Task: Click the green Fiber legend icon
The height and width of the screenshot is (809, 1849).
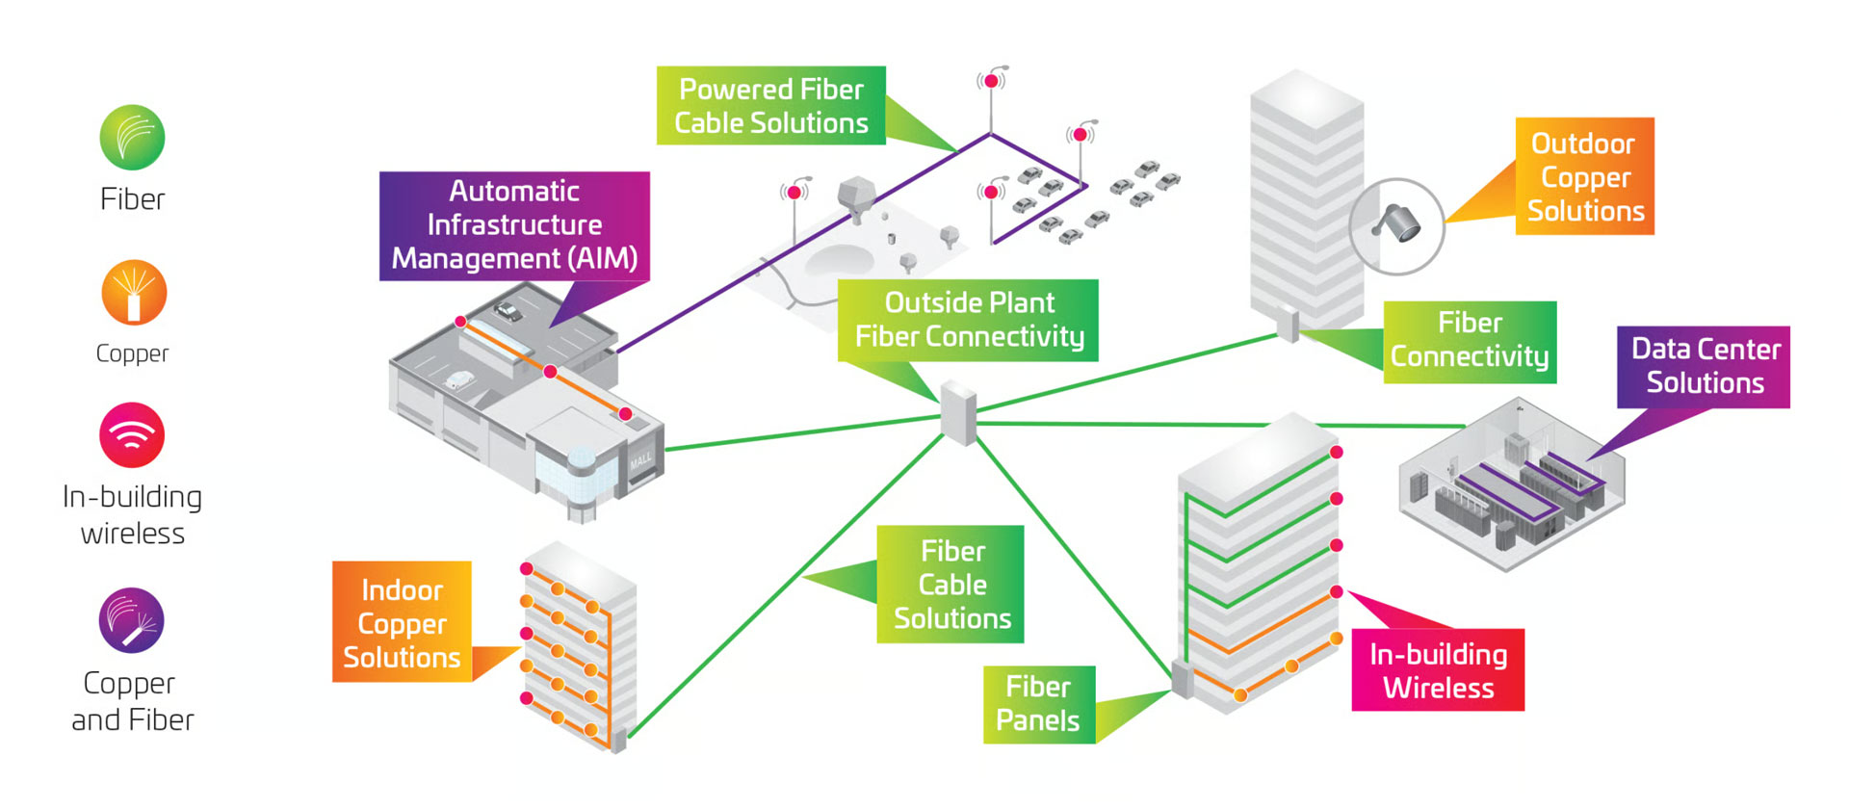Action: click(132, 138)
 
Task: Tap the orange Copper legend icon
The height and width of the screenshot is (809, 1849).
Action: click(134, 293)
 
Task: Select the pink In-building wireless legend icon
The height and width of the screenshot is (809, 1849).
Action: click(132, 434)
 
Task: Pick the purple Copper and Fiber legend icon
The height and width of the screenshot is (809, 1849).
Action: click(132, 620)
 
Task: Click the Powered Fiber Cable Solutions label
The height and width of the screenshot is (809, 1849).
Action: click(770, 106)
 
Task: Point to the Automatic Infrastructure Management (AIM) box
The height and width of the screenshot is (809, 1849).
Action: click(514, 225)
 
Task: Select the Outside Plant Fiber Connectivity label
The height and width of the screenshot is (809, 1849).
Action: click(968, 320)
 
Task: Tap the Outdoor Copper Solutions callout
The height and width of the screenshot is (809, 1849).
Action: click(1584, 176)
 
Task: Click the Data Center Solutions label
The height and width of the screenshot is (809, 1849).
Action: click(1703, 366)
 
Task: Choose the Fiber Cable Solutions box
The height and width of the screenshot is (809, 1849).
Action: click(951, 584)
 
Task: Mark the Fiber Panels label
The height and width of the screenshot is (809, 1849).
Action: click(1038, 704)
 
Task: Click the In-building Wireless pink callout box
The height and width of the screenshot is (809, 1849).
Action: click(1438, 670)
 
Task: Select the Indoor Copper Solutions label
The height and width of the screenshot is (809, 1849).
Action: click(402, 622)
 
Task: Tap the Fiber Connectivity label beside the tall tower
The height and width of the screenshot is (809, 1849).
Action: click(1470, 341)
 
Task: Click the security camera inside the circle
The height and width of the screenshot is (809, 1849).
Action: click(1398, 223)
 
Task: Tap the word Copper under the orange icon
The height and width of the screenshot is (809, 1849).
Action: click(132, 353)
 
